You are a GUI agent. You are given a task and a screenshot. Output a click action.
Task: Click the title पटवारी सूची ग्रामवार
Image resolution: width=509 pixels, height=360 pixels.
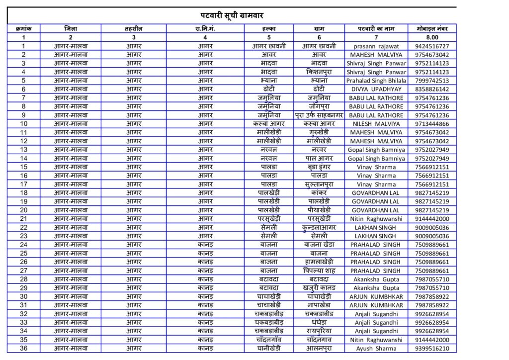click(232, 15)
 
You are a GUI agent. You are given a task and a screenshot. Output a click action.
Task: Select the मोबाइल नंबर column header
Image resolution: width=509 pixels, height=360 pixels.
click(432, 29)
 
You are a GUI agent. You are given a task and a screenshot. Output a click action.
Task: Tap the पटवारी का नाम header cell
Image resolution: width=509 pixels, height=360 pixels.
click(376, 29)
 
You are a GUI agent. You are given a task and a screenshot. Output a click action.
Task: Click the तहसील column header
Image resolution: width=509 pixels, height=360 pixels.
click(134, 29)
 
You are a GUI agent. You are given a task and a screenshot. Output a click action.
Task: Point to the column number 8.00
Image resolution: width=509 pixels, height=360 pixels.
click(432, 37)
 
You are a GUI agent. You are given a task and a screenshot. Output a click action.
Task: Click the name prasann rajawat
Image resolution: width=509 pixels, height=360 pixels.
click(376, 46)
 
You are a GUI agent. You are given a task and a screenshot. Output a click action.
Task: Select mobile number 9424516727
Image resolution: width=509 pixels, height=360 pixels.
click(432, 46)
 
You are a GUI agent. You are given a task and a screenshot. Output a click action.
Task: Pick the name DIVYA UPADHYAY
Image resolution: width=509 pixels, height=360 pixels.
click(376, 90)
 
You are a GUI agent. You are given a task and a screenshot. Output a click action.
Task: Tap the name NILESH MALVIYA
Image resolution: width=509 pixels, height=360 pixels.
click(376, 124)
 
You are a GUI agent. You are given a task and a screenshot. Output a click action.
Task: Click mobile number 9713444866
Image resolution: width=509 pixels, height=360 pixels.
click(432, 124)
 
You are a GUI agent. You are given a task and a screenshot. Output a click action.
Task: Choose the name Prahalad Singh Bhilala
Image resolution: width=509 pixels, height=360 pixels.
click(376, 81)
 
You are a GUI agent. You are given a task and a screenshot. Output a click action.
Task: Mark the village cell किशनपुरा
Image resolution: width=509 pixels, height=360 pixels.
click(319, 72)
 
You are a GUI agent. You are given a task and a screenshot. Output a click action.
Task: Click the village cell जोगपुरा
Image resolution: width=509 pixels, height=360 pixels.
click(319, 106)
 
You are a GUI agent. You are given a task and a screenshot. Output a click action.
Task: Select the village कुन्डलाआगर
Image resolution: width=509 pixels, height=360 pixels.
click(319, 227)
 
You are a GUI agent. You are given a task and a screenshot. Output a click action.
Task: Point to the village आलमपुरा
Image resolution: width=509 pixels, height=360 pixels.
click(319, 348)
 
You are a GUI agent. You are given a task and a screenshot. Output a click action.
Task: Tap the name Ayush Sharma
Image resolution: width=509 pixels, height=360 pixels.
click(376, 348)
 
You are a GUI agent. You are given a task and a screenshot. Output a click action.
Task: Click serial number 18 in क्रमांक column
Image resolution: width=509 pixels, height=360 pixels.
click(23, 193)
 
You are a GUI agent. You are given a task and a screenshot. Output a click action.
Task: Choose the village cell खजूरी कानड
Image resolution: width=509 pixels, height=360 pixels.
click(319, 288)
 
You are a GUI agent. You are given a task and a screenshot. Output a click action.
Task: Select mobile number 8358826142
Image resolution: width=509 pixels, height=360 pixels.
click(432, 90)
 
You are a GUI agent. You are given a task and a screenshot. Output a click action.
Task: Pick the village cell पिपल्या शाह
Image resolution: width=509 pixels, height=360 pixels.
click(319, 270)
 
